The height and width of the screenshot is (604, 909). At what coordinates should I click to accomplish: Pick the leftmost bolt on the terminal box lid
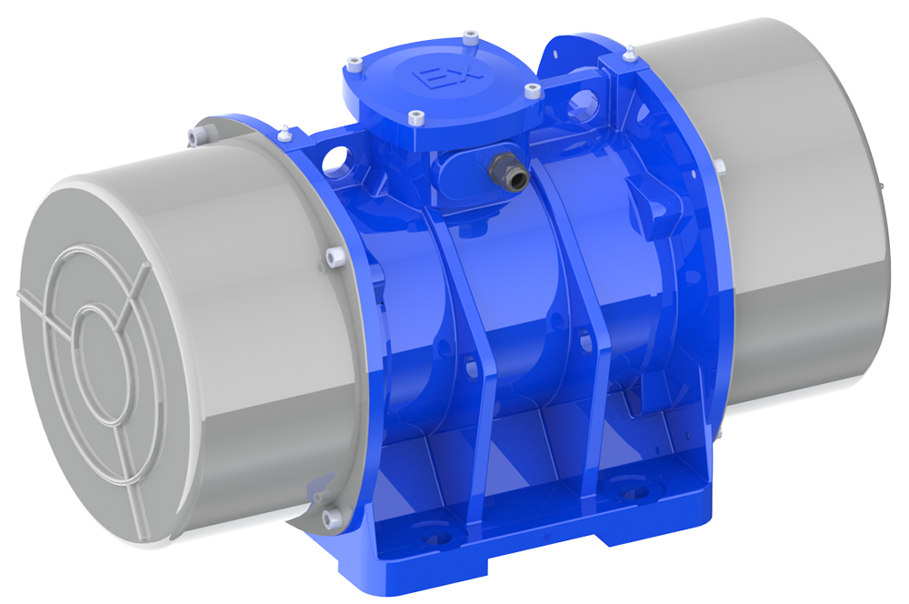pyautogui.click(x=353, y=65)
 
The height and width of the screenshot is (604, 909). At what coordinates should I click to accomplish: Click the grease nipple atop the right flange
pyautogui.click(x=626, y=58)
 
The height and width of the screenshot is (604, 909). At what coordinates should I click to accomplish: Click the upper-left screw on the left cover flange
pyautogui.click(x=195, y=137)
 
